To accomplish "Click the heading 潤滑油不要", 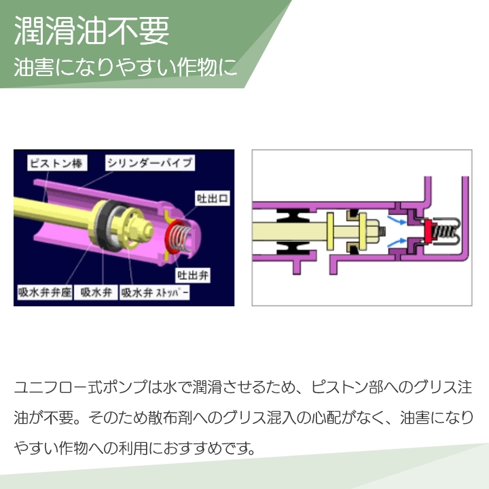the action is coord(92,31).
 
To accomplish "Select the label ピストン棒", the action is coord(57,163).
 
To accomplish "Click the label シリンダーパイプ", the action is coord(150,163).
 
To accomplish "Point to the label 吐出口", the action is coord(213,198).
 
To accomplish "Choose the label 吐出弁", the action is coord(193,275).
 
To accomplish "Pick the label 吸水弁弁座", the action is coord(45,293).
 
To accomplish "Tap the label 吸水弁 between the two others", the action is coord(96,293).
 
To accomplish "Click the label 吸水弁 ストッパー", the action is coord(155,293).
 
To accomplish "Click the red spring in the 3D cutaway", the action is coord(179,238).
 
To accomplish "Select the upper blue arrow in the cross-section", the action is coord(397,219).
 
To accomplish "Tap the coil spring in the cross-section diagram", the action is coord(447,231).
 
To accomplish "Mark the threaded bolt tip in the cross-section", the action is coord(382,231).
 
